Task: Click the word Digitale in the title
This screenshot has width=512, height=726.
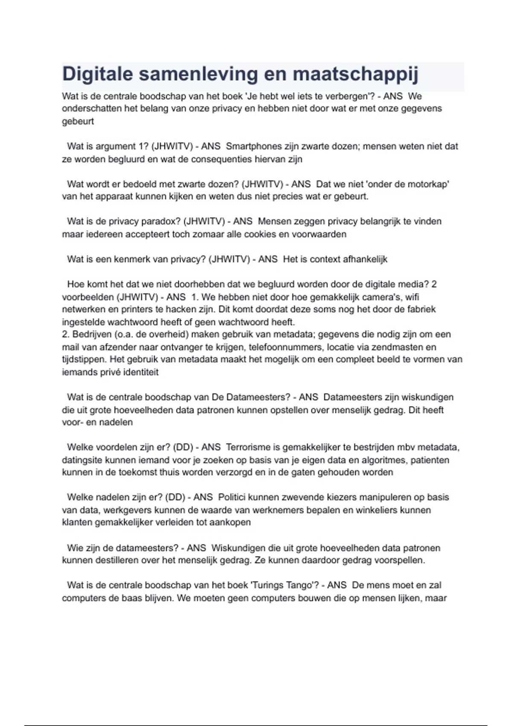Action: (x=98, y=74)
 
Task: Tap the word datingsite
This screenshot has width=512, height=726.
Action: (x=82, y=460)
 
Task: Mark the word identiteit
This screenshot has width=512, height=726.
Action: (x=141, y=372)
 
